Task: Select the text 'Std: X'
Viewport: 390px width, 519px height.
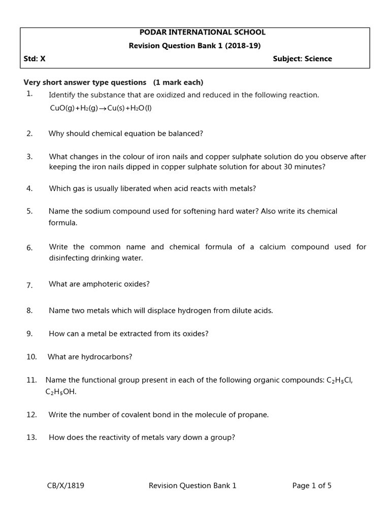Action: pos(35,59)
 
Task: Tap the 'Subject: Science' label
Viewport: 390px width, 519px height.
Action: pos(302,59)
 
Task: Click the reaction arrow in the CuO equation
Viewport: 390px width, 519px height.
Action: pos(102,108)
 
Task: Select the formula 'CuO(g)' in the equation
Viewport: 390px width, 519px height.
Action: pos(62,108)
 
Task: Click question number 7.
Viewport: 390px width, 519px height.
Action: pos(29,285)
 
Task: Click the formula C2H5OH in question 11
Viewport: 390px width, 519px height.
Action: pos(60,392)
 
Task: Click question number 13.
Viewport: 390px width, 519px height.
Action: pos(31,437)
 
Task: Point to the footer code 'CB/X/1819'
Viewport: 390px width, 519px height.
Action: pos(66,486)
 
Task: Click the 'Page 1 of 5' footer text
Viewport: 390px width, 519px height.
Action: pos(312,486)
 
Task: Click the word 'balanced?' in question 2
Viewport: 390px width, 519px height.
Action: pos(187,134)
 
